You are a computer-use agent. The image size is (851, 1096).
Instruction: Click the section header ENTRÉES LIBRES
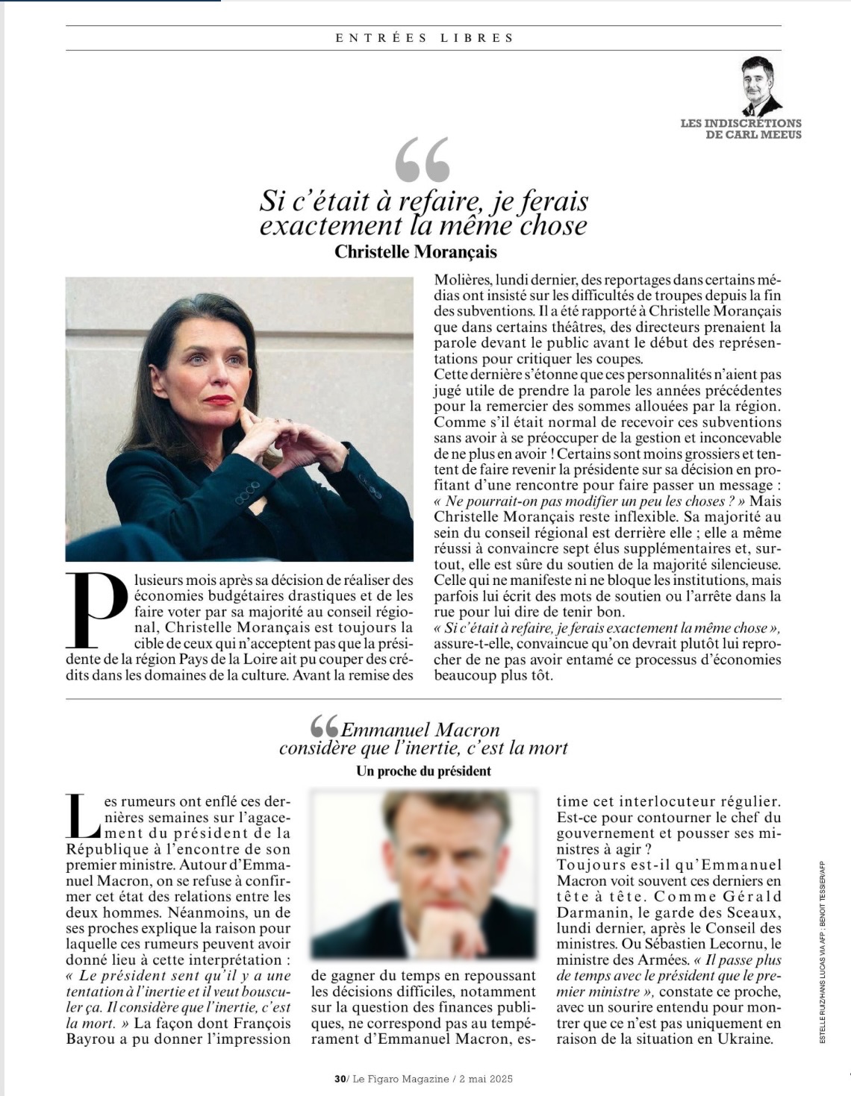(x=424, y=37)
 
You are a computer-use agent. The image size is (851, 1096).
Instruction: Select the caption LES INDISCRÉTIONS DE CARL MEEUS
(x=741, y=129)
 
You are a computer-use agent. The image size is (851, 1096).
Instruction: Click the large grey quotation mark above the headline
(x=423, y=160)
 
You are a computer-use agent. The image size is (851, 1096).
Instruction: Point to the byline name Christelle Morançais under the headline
(x=415, y=251)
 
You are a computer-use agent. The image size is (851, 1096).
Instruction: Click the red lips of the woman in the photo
(x=219, y=400)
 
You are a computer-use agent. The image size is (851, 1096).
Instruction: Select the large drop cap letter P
(x=97, y=610)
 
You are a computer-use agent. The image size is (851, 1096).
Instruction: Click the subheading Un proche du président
(x=423, y=771)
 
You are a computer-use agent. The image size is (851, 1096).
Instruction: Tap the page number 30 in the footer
(x=340, y=1079)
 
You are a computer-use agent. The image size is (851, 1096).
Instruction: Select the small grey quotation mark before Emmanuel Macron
(x=324, y=726)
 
